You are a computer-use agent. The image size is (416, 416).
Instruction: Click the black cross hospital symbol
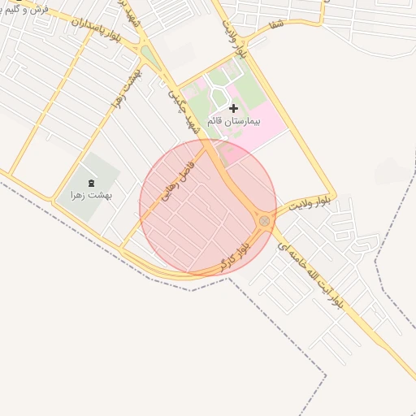234,107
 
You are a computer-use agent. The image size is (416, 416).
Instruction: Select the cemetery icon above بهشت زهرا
90,181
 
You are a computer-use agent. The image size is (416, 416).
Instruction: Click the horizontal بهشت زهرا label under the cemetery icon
90,195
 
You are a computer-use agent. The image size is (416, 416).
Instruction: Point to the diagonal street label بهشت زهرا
127,90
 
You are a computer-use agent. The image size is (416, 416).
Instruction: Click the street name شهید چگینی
184,110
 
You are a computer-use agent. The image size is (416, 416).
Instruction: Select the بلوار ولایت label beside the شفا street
233,37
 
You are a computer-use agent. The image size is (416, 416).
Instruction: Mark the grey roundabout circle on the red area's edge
264,221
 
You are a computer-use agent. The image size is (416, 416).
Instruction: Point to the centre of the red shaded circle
208,208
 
